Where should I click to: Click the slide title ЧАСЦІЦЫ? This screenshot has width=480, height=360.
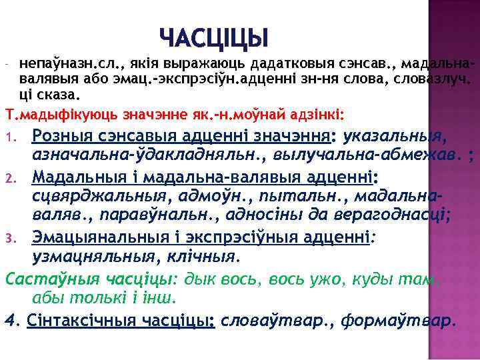pyautogui.click(x=213, y=37)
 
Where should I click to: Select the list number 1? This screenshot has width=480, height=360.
pyautogui.click(x=9, y=139)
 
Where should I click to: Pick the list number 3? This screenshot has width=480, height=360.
pyautogui.click(x=9, y=238)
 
